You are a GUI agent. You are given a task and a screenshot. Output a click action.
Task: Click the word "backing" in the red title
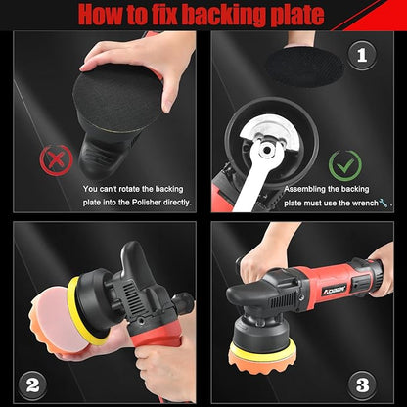pos(226,15)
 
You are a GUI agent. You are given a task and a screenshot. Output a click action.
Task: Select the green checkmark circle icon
pos(345,164)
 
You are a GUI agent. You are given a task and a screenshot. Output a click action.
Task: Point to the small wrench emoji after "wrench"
pos(381,203)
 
